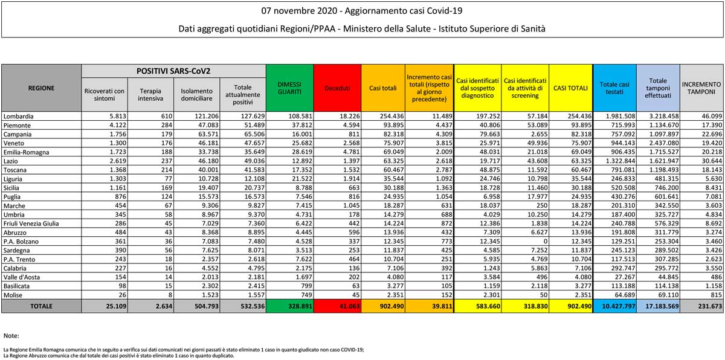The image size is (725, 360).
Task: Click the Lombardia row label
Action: pos(19,116)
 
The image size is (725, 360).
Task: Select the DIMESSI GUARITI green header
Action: pos(289,88)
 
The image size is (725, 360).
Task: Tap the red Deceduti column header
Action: pos(337,88)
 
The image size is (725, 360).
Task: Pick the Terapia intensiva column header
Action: pos(150,95)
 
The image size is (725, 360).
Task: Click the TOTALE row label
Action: pos(41,306)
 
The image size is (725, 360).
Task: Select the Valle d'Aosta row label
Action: pos(21,277)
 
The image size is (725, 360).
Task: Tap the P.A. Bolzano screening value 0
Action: pos(546,241)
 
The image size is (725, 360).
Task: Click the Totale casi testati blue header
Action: pos(614,88)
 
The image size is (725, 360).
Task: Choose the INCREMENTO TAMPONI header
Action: pos(701,88)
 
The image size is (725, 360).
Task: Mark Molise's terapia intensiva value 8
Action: pos(170,295)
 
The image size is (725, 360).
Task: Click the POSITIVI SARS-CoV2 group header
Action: pos(173,71)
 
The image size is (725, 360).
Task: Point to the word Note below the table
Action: pos(11,336)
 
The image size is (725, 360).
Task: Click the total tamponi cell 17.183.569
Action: pos(662,306)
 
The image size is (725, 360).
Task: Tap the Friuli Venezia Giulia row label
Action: pos(31,223)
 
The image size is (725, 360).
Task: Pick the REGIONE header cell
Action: pos(41,88)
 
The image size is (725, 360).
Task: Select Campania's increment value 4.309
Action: pos(442,134)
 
